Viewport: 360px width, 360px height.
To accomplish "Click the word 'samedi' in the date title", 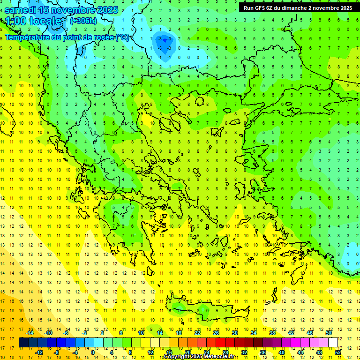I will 20,9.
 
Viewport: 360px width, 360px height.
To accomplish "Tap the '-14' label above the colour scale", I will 30,333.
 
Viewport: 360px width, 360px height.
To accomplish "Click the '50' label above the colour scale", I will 328,333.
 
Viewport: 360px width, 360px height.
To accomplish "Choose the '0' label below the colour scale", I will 92,352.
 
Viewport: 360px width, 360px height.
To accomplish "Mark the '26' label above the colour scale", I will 216,333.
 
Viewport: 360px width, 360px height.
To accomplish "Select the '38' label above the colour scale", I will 272,333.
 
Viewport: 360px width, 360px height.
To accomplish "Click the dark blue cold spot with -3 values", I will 164,44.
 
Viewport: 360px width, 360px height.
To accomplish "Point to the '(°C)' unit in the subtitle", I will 122,37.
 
